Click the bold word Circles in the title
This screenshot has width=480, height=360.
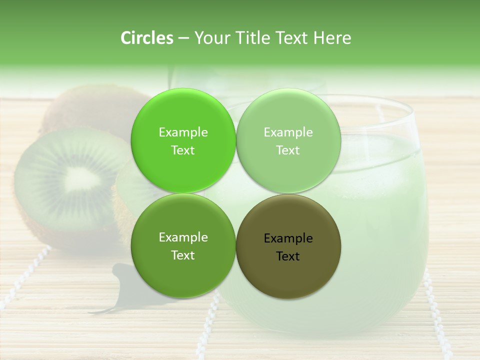147,38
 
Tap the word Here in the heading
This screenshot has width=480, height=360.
332,38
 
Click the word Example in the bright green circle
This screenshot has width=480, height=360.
183,132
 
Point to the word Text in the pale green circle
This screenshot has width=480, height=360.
288,150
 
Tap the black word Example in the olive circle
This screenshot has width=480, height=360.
288,238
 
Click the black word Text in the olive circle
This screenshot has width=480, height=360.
288,256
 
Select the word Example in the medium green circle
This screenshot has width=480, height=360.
183,237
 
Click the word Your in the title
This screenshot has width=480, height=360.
210,38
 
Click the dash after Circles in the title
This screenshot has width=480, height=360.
183,38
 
